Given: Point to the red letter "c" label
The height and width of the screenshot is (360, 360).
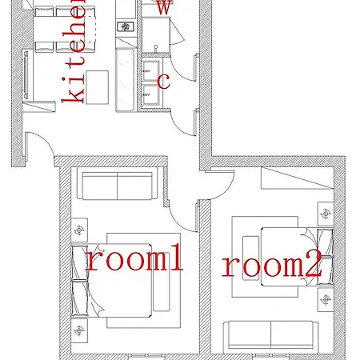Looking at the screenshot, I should click(x=163, y=80).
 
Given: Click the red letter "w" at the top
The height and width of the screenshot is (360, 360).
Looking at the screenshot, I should click(x=162, y=7).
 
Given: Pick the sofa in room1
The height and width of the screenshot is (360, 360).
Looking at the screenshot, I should click(x=118, y=186).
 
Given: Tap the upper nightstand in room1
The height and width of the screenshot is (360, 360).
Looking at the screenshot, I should click(x=78, y=230).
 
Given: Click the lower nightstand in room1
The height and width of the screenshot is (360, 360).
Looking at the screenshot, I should click(x=78, y=329).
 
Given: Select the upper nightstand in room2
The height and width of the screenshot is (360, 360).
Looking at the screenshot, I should click(x=325, y=214).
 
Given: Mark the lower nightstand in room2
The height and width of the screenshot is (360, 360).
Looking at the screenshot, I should click(x=325, y=299).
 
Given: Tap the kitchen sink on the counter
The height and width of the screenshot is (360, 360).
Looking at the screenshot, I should click(x=126, y=26).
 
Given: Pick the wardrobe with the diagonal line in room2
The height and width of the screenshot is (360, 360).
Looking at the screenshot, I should click(x=296, y=180).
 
